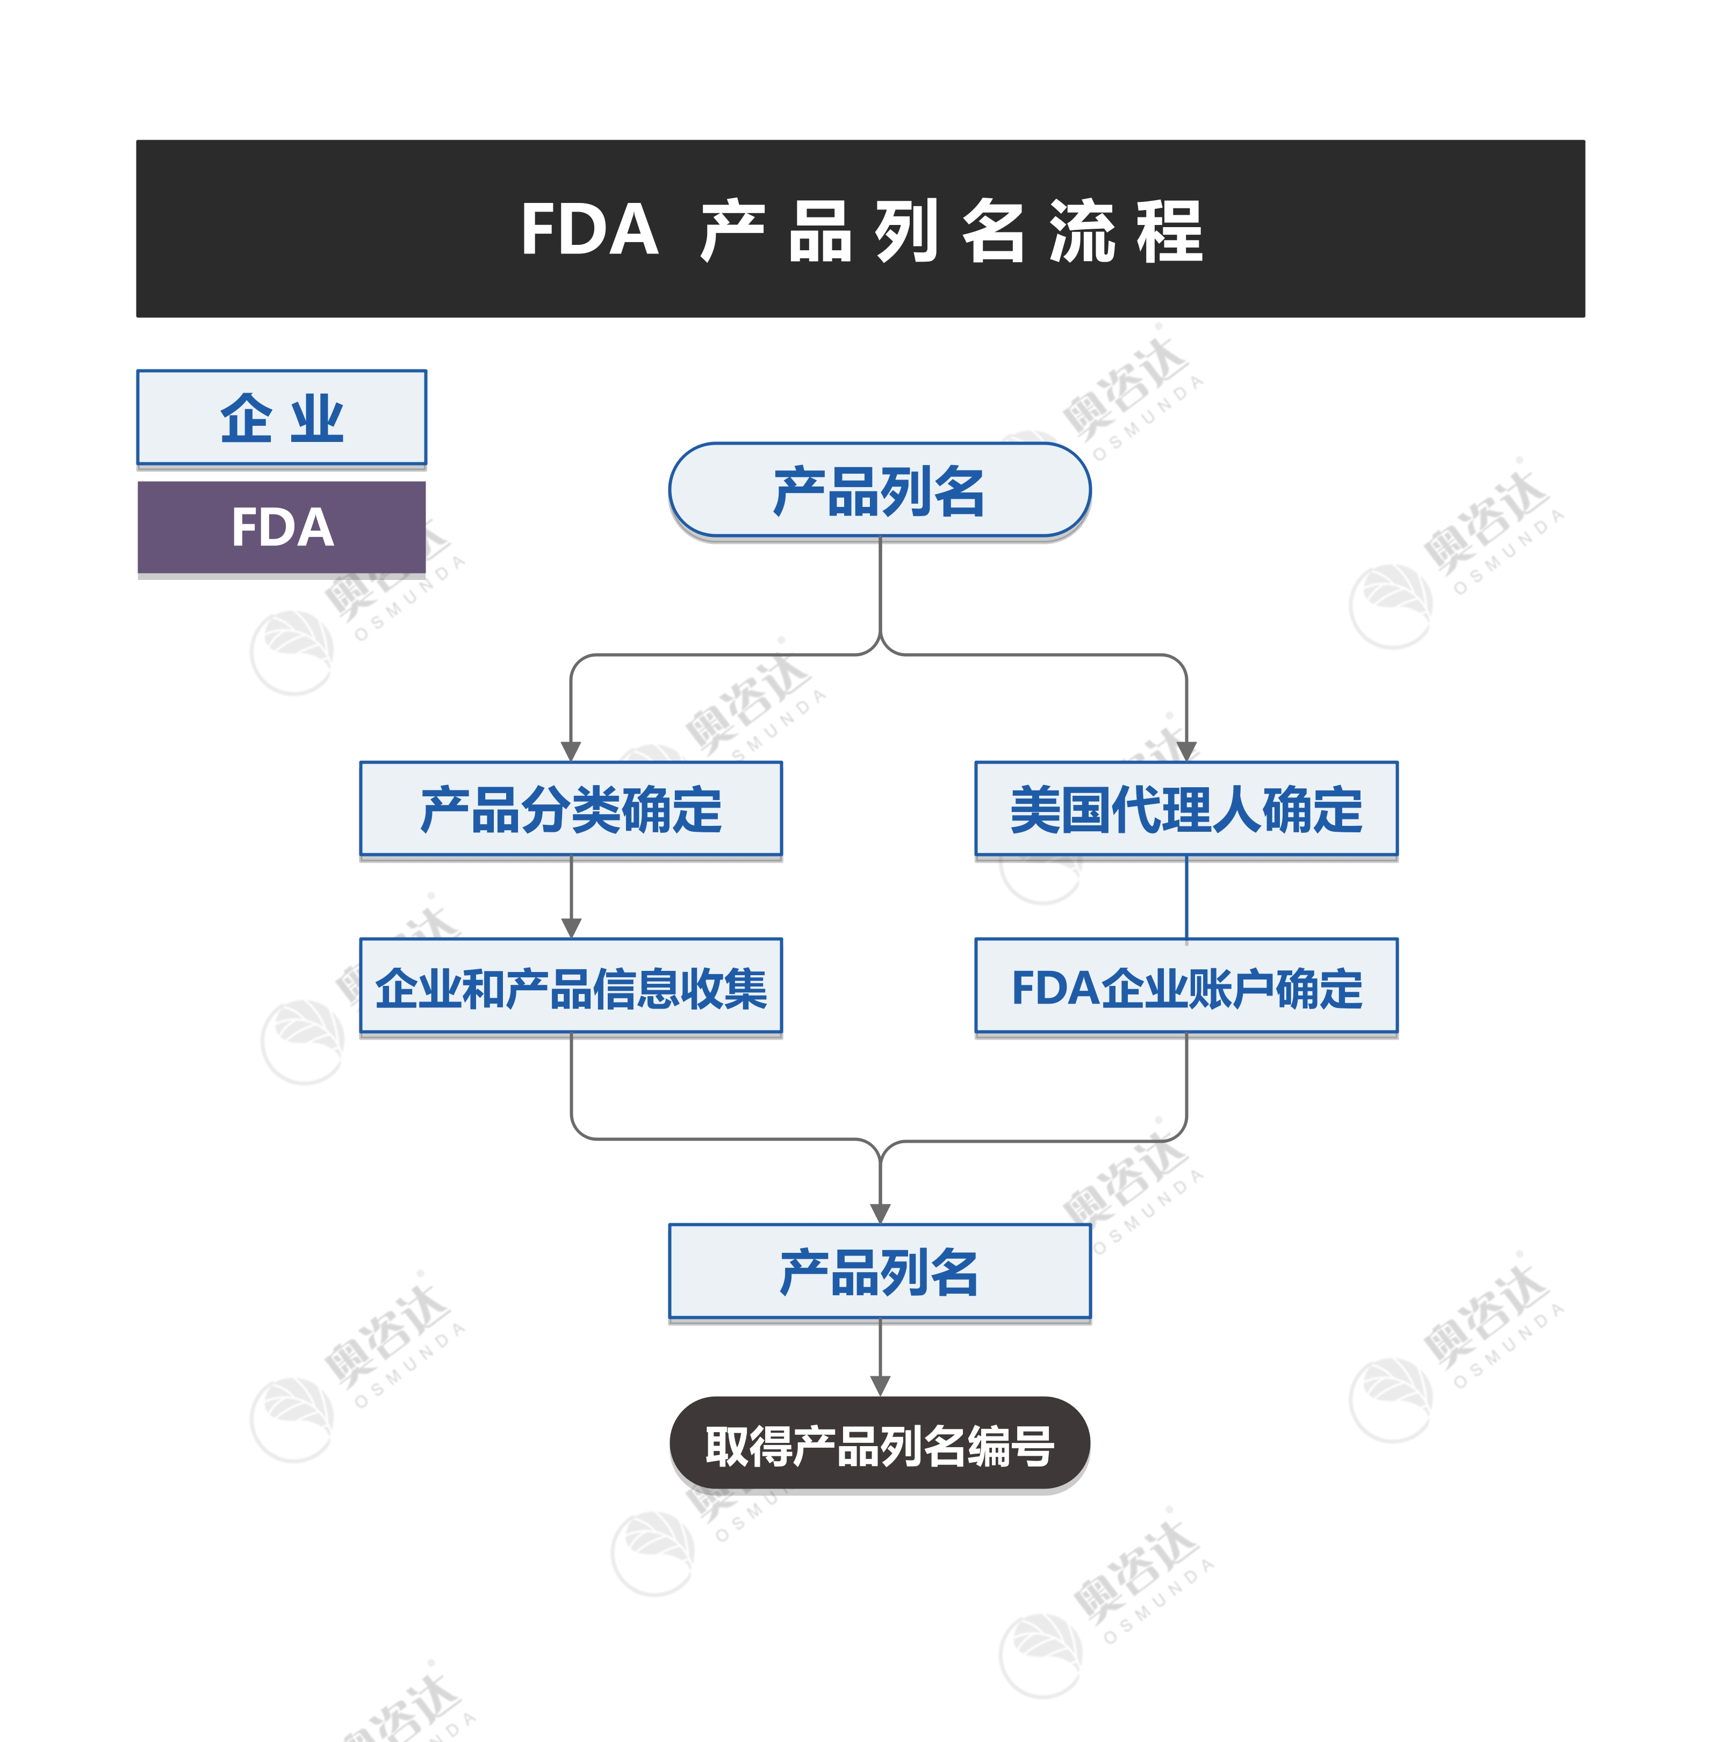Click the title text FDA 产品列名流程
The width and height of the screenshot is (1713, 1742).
(x=861, y=230)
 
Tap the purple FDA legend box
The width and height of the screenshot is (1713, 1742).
(x=282, y=527)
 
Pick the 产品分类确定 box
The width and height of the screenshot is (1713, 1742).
(x=571, y=809)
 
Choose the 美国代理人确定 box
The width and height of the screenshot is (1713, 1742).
(x=1186, y=809)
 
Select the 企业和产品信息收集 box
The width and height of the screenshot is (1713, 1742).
(x=571, y=986)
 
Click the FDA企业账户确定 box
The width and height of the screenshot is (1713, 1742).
(x=1186, y=986)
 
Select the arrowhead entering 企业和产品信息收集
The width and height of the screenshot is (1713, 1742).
(x=571, y=928)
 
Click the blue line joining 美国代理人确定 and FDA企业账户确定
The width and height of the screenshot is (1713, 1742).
(x=1186, y=897)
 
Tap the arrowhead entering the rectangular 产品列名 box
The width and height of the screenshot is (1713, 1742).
(x=880, y=1213)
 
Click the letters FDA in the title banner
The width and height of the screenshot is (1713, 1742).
(x=589, y=230)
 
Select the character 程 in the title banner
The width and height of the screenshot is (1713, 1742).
(x=1169, y=231)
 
